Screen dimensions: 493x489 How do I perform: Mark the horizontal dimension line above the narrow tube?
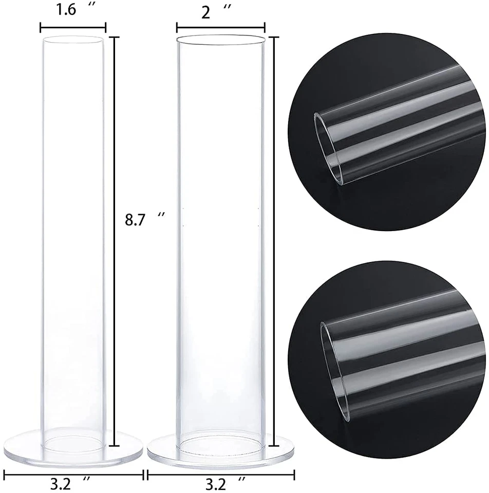(73, 28)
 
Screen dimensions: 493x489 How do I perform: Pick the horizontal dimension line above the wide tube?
(221, 28)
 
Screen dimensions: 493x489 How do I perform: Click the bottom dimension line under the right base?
(221, 473)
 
